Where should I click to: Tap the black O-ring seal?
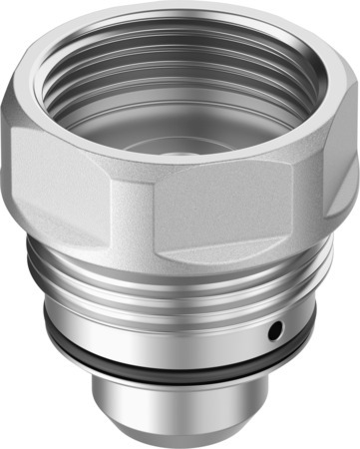pos(180,358)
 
